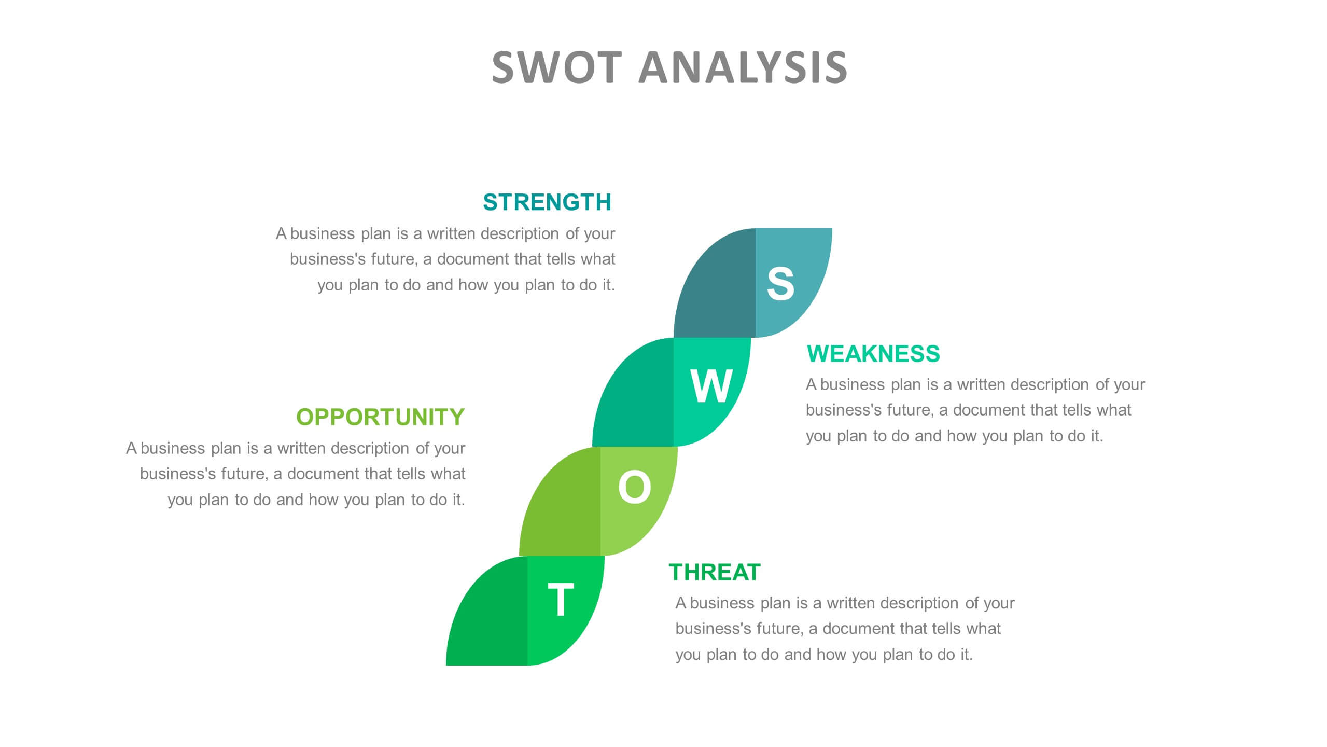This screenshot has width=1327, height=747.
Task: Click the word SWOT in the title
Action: (556, 67)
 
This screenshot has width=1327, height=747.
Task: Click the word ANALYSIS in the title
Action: (743, 67)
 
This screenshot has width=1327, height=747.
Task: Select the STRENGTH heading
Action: (547, 202)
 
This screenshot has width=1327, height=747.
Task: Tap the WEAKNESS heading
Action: (873, 354)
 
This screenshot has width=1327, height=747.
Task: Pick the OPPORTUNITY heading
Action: (380, 417)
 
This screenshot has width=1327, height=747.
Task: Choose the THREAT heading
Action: (714, 573)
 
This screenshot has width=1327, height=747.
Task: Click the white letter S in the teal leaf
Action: (780, 284)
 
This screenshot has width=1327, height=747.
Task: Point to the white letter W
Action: (711, 386)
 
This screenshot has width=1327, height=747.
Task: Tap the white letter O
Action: (634, 487)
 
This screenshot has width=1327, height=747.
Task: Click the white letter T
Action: (561, 600)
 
